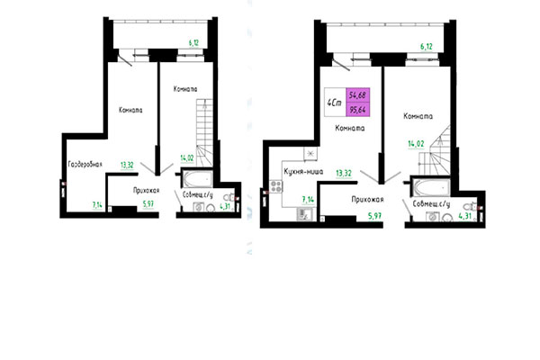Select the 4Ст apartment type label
(x=334, y=103)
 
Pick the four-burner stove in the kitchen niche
(x=274, y=189)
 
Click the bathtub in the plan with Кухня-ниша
(x=427, y=188)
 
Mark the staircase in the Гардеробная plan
(x=206, y=134)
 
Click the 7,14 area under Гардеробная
(x=96, y=206)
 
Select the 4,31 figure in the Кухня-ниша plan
(x=465, y=216)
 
